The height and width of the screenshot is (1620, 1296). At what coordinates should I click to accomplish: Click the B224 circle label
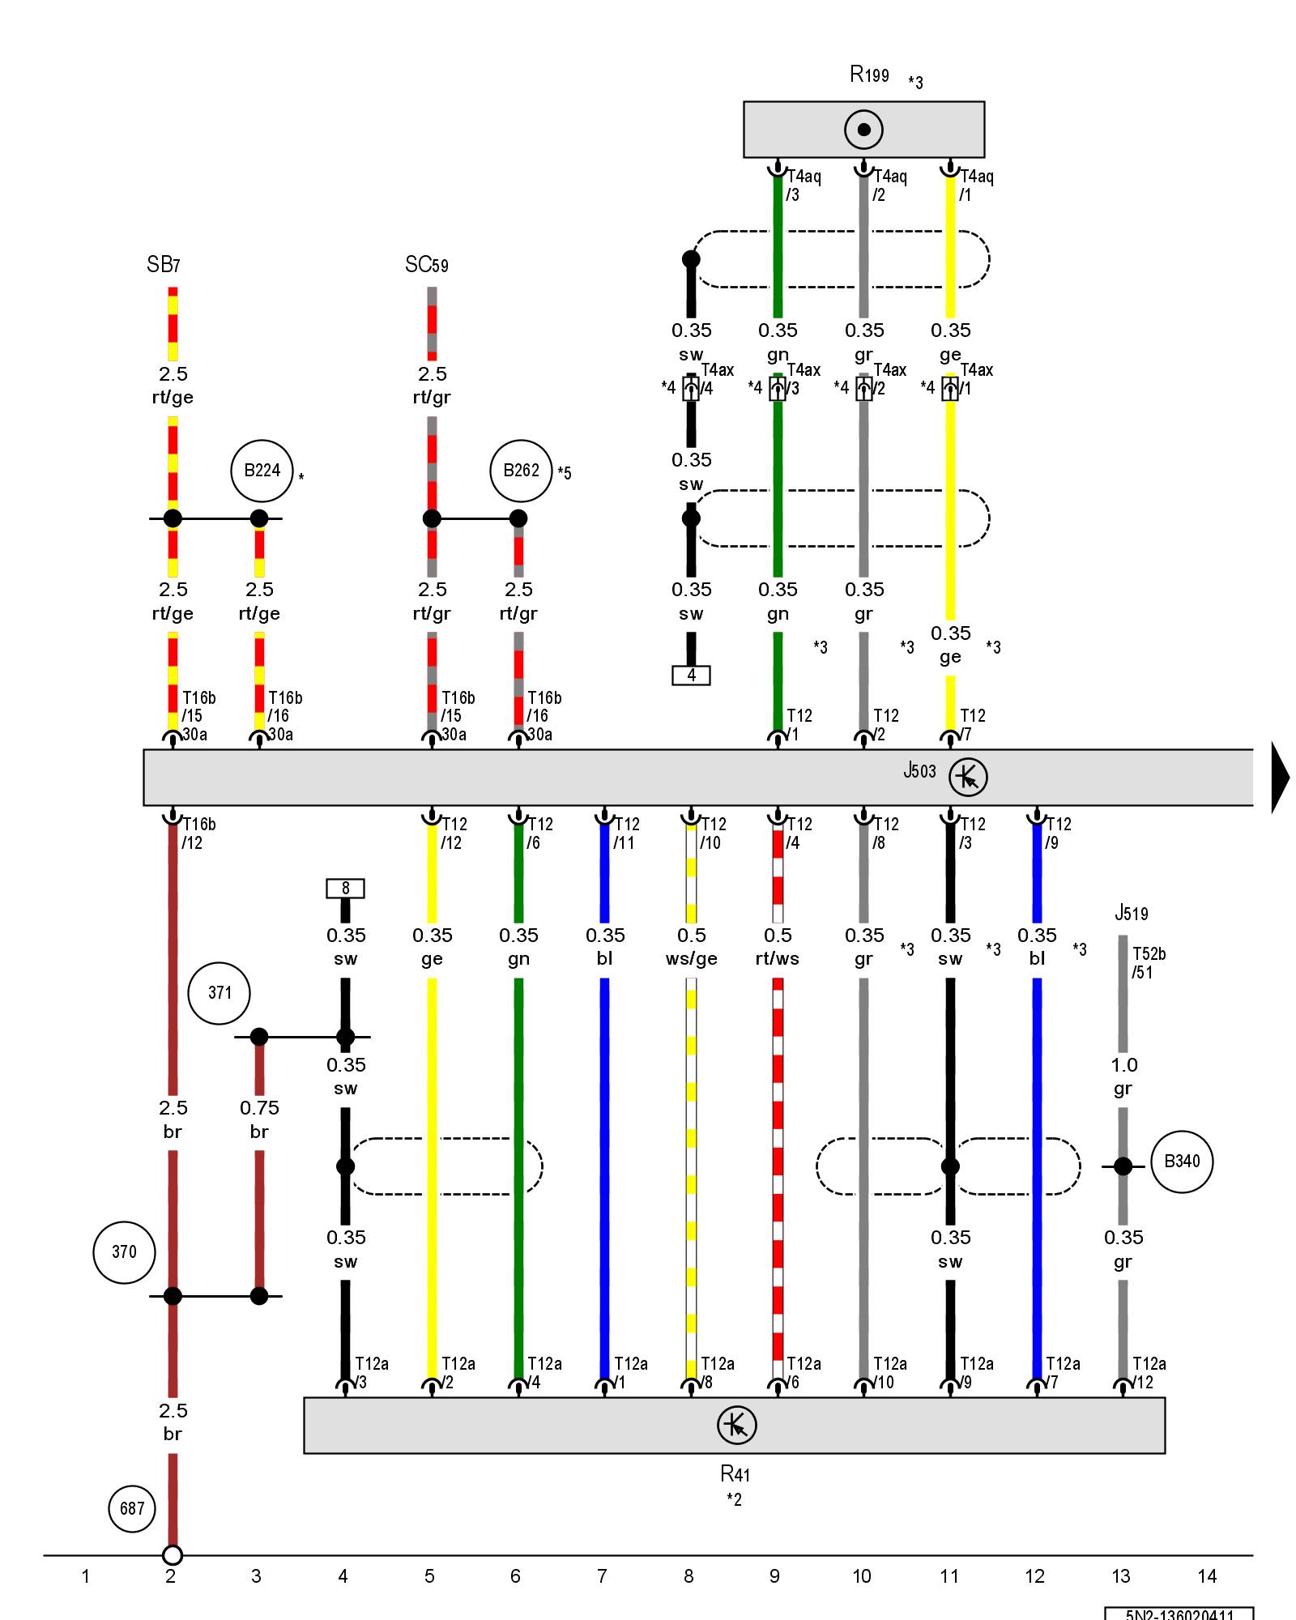[x=262, y=471]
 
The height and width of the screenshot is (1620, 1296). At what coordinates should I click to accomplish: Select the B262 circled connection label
[x=521, y=471]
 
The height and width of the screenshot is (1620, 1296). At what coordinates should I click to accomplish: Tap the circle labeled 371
[x=220, y=993]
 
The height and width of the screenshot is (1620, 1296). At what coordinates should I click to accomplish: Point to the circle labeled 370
[x=124, y=1252]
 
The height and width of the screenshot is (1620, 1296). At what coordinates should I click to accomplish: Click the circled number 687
[x=132, y=1508]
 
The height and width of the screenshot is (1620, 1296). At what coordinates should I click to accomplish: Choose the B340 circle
[x=1182, y=1162]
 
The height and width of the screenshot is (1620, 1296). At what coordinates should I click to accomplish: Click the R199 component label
[x=869, y=75]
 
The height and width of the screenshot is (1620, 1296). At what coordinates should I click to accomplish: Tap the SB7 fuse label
[x=164, y=265]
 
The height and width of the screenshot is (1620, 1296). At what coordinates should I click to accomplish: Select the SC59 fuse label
[x=427, y=265]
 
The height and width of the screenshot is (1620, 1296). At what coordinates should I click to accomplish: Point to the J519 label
[x=1131, y=914]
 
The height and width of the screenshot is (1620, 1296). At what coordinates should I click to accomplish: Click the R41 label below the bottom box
[x=735, y=1473]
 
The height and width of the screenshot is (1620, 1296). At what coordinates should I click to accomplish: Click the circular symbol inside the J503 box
[x=968, y=777]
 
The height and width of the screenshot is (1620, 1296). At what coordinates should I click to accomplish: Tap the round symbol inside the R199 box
[x=863, y=130]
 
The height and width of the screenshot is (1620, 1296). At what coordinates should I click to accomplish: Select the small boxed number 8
[x=345, y=889]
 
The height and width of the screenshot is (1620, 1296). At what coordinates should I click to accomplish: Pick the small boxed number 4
[x=691, y=675]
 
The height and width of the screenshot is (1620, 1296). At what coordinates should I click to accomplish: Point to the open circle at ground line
[x=173, y=1555]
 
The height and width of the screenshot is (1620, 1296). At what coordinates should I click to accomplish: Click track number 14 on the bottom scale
[x=1207, y=1576]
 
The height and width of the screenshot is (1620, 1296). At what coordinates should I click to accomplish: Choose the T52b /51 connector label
[x=1149, y=963]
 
